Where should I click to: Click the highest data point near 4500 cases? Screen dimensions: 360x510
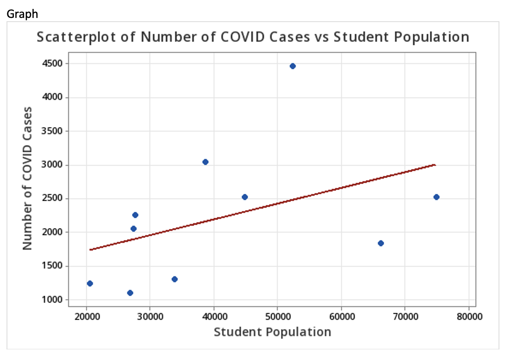[x=292, y=66]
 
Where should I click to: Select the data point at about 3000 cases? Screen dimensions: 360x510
[x=205, y=162]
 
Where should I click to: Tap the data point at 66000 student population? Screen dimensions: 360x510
[x=381, y=243]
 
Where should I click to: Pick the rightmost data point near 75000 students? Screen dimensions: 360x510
[x=436, y=197]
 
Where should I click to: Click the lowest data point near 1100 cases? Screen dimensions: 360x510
[x=130, y=293]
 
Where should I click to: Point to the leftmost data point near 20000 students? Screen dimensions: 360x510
[x=90, y=283]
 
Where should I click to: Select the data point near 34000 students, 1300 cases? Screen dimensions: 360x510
[x=175, y=279]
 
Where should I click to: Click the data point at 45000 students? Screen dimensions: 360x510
[x=245, y=197]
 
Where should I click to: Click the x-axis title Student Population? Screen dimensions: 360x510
[x=273, y=332]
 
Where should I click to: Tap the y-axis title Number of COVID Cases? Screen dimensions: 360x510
[x=27, y=178]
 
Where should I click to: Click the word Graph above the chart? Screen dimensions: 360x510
[x=22, y=14]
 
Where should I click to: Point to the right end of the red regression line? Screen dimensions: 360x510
[x=435, y=165]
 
